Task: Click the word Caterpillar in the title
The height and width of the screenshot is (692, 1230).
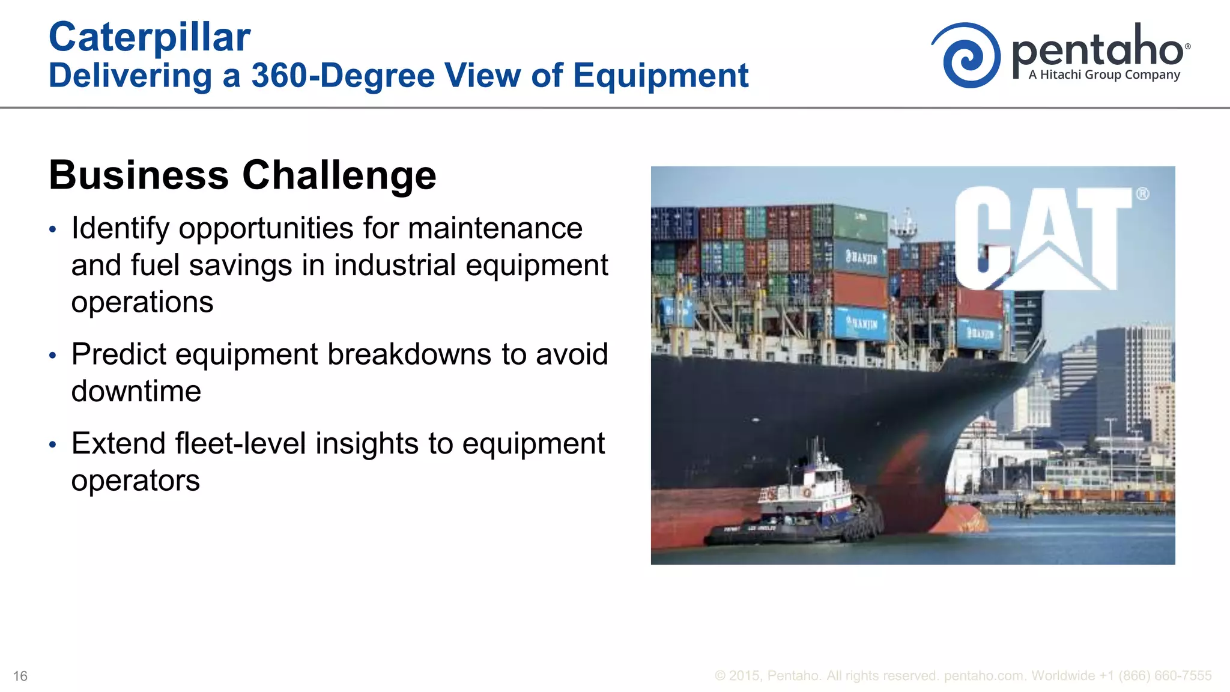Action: (x=149, y=37)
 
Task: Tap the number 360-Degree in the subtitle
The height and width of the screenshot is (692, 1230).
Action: (x=342, y=76)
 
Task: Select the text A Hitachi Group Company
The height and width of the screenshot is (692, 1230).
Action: (x=1104, y=75)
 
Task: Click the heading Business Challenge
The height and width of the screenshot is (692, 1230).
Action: (x=242, y=175)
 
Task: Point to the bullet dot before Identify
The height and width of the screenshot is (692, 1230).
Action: (x=53, y=229)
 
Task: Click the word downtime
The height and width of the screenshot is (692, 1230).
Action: (x=136, y=392)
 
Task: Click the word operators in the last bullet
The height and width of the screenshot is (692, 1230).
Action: (x=135, y=481)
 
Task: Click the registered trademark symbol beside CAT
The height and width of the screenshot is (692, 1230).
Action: (x=1142, y=194)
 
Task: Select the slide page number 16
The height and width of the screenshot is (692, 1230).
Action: (x=20, y=676)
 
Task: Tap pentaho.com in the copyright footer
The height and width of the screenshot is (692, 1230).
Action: (x=983, y=676)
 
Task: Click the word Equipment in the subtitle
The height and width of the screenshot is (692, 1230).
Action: (x=661, y=76)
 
